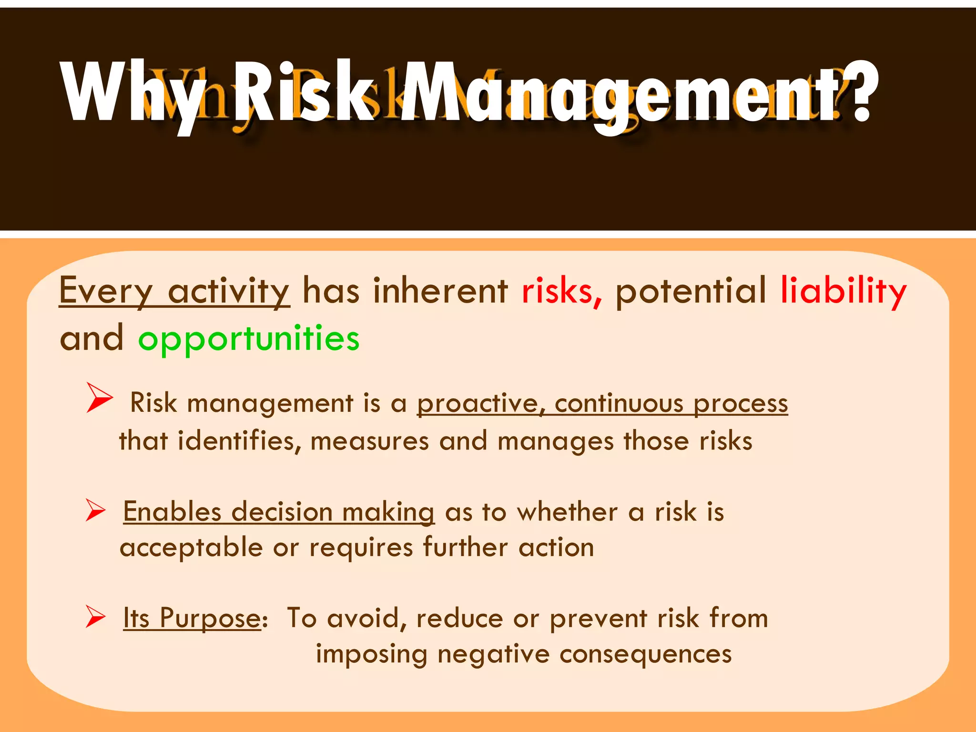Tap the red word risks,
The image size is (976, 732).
pos(562,291)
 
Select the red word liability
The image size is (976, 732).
pos(843,291)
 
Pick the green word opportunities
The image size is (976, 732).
pos(249,339)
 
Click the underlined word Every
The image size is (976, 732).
pos(106,291)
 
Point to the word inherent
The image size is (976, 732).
pos(440,291)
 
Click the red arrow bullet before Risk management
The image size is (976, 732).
pos(99,397)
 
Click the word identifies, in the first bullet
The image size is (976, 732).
pos(239,441)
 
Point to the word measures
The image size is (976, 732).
pos(369,441)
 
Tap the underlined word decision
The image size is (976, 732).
pos(282,512)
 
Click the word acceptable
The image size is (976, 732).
pos(191,547)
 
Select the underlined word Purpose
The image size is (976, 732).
pos(210,619)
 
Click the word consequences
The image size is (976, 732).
pos(645,654)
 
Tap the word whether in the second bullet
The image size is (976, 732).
pos(568,512)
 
